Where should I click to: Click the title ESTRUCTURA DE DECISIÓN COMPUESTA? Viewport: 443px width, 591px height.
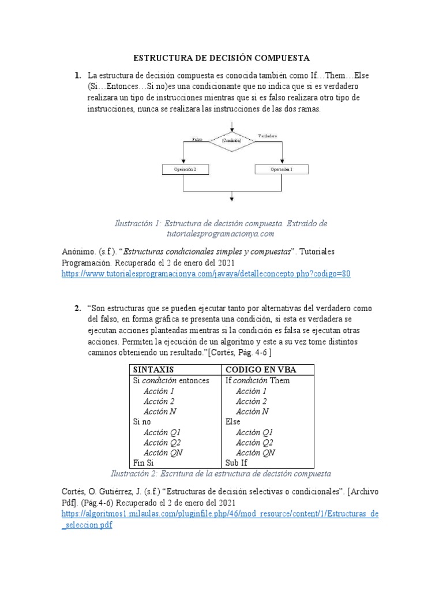click(222, 58)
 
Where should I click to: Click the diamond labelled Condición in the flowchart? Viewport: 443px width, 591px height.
click(231, 141)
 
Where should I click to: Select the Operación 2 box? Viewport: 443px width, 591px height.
click(182, 170)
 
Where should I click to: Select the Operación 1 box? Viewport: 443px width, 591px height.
click(281, 170)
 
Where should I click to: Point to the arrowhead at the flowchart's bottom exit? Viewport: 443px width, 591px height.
click(231, 200)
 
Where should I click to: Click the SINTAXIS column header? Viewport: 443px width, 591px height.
click(153, 369)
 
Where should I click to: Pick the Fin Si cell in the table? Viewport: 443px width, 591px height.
click(143, 463)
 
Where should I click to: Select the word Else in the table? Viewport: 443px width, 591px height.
click(233, 422)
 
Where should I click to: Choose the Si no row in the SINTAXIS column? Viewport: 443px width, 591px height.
click(142, 422)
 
